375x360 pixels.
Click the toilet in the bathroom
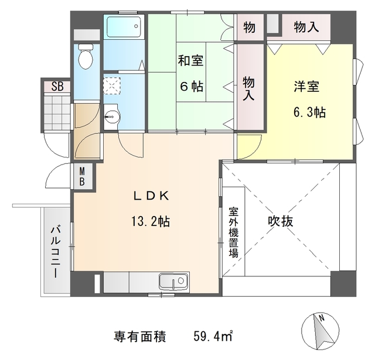click(x=86, y=57)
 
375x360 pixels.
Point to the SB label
click(x=58, y=86)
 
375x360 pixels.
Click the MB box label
click(x=83, y=176)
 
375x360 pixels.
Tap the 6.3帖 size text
click(x=309, y=112)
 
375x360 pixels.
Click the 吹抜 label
click(x=281, y=221)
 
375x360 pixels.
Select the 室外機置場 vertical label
click(x=233, y=232)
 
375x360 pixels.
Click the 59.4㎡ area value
click(x=214, y=337)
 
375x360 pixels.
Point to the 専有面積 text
click(x=140, y=337)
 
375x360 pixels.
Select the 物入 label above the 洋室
click(x=306, y=27)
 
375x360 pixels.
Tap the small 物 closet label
click(x=249, y=27)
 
